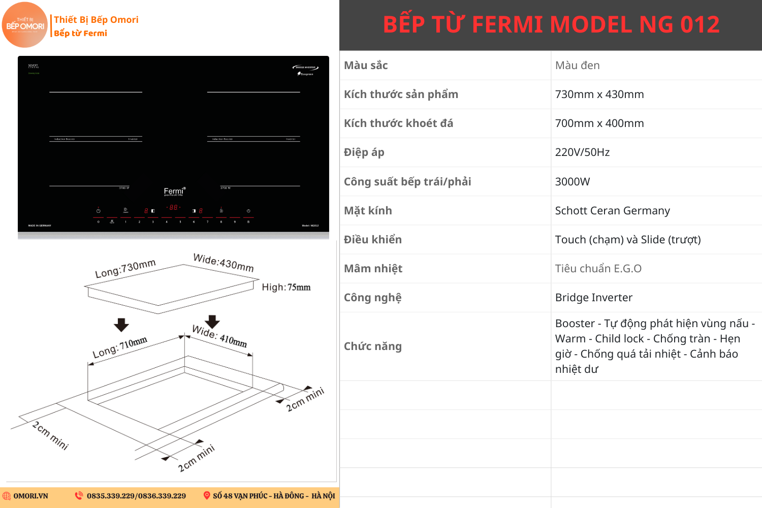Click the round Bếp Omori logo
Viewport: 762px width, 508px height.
[x=25, y=25]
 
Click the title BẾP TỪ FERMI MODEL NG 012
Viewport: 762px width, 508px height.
[x=551, y=24]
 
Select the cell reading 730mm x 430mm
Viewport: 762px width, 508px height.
[x=599, y=94]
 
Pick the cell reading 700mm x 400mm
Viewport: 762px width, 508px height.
[x=599, y=123]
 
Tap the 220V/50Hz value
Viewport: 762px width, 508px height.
[x=582, y=152]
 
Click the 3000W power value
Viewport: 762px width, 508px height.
[x=573, y=182]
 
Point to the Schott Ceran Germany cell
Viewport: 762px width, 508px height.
[x=612, y=211]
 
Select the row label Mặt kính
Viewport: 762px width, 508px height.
[x=368, y=211]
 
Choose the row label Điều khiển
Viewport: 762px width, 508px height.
[x=372, y=240]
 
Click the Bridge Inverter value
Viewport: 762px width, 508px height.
[x=593, y=298]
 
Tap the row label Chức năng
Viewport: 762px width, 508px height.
[x=372, y=346]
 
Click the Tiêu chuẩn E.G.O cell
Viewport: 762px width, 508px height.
[x=598, y=269]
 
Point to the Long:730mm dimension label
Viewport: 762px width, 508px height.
[x=125, y=269]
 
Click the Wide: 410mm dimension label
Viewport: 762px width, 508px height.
[x=219, y=336]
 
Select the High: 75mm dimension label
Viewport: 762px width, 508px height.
[x=286, y=288]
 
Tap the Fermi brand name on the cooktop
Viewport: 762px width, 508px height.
[x=174, y=191]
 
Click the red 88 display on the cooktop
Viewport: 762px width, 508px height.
[x=173, y=208]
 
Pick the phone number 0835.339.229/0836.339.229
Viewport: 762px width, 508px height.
[x=136, y=496]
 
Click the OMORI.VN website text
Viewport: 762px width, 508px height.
[x=30, y=496]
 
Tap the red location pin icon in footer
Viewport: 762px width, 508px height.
[x=206, y=495]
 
